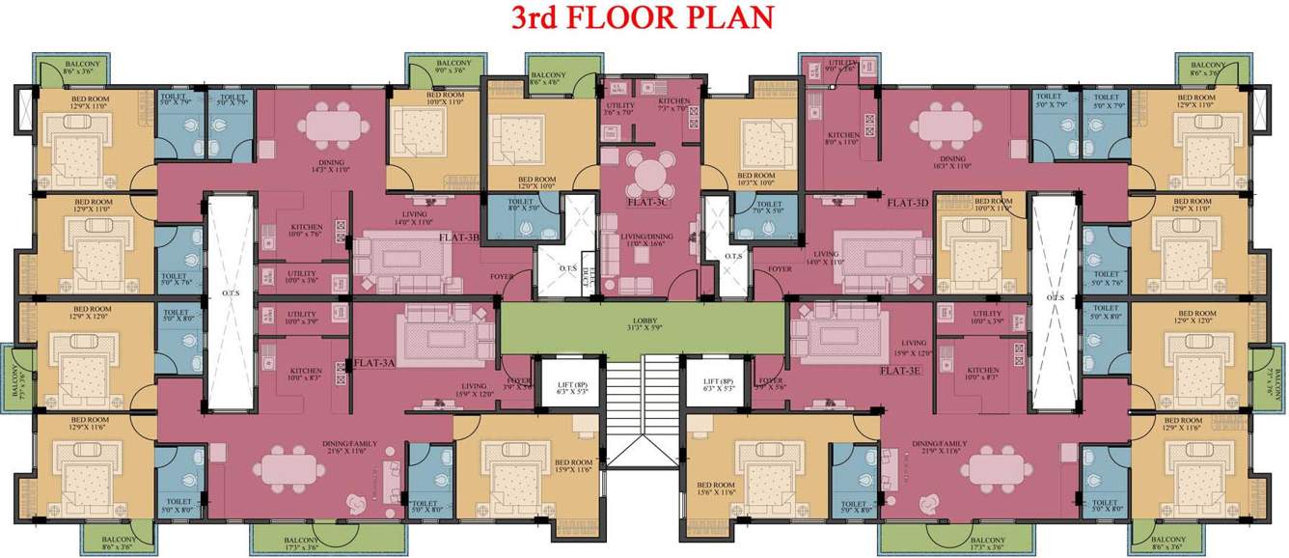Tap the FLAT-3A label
(375, 364)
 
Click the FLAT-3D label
(908, 204)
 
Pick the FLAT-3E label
(900, 370)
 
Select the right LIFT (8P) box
(720, 387)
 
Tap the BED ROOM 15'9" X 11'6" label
(573, 466)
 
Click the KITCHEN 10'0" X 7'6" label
(306, 231)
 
